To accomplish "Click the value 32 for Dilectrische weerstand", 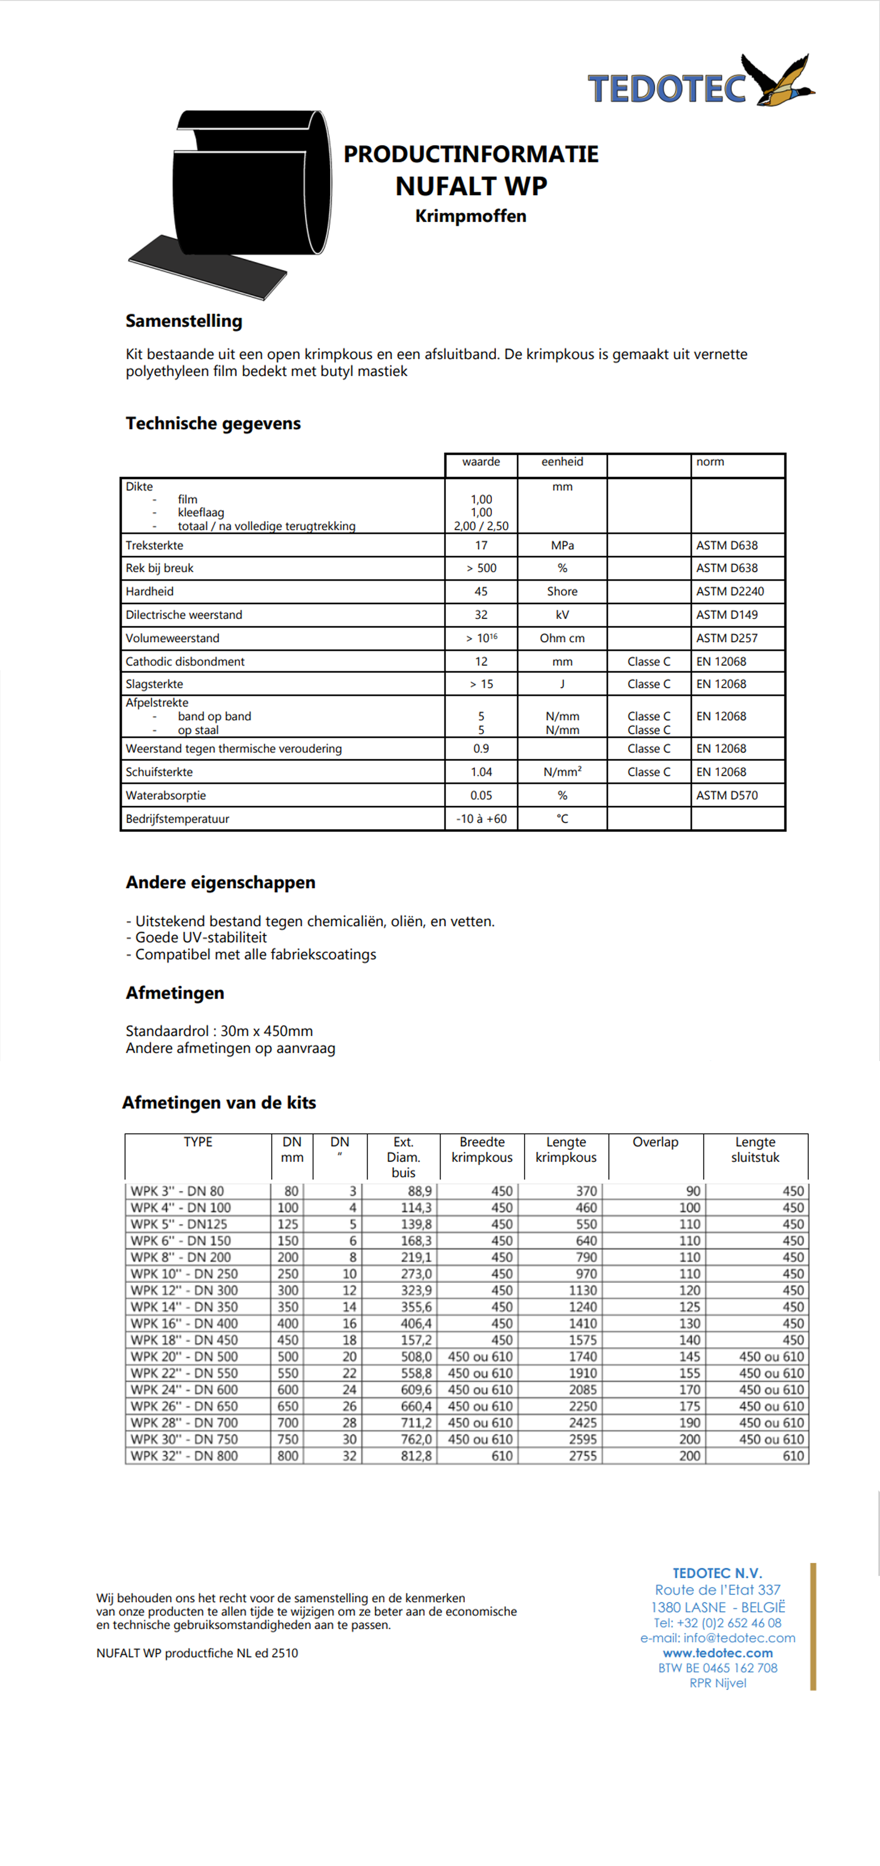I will click(x=481, y=614).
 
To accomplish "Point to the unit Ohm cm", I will click(x=562, y=638).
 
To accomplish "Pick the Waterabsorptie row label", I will click(x=165, y=796).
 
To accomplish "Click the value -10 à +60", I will click(x=481, y=818).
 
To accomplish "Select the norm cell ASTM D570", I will click(x=726, y=796).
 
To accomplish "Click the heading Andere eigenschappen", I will click(x=220, y=882).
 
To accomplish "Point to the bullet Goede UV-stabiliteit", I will click(x=197, y=937).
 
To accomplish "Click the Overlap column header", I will click(x=655, y=1142).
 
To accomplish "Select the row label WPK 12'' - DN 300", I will click(x=184, y=1290).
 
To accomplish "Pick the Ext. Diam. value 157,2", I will click(x=416, y=1340).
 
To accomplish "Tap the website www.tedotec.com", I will click(x=718, y=1653).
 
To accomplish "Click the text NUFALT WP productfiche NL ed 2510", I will click(x=197, y=1653).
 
